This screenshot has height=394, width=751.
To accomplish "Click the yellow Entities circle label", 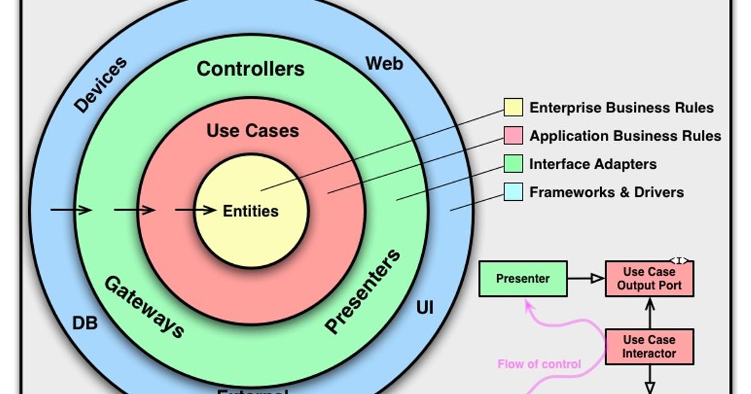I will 251,211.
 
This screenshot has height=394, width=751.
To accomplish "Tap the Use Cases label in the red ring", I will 252,131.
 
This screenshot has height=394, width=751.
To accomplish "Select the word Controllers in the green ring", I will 250,68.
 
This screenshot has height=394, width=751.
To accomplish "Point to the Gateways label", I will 144,306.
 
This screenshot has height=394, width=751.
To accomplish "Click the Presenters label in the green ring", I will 363,290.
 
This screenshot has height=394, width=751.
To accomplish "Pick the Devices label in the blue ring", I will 101,84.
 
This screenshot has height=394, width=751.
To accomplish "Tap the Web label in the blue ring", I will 384,63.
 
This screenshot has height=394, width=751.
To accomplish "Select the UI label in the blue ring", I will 424,308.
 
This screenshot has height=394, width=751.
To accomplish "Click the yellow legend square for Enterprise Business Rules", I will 513,108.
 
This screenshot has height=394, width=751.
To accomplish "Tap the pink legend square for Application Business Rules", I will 513,136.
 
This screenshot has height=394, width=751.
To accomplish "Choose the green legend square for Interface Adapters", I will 513,164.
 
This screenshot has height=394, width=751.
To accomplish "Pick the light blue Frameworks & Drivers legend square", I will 513,192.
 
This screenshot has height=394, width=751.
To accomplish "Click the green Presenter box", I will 523,279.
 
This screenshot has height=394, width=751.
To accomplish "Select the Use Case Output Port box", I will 650,279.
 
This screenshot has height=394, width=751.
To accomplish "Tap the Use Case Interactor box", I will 650,346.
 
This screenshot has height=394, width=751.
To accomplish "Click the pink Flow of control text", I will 539,364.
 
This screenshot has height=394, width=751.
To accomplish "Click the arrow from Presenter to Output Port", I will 586,279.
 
